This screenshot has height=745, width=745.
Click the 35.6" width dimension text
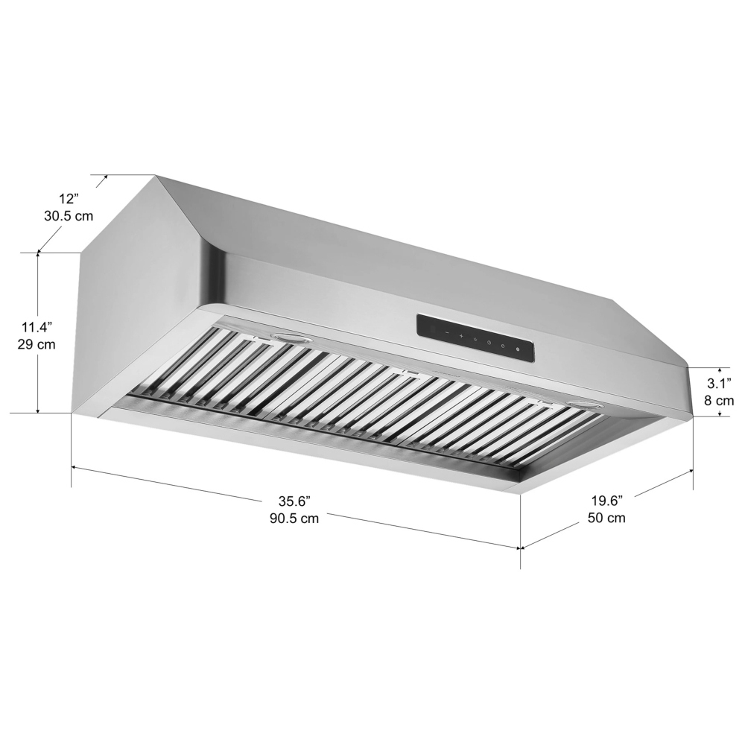coord(294,501)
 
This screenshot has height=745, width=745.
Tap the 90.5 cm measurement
coord(294,519)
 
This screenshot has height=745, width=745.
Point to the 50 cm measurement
coord(606,518)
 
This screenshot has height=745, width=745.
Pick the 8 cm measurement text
coord(720,401)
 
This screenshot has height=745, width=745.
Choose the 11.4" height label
coord(37,327)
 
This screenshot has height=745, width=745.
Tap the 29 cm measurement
coord(37,345)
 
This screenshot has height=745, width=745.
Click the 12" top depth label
coord(69,199)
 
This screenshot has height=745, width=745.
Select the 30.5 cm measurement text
coord(69,217)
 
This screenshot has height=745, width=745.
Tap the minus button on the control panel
coord(447,333)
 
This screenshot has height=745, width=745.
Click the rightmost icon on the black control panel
coord(517,348)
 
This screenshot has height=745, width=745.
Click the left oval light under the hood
coord(291,339)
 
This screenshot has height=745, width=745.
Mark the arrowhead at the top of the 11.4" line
coord(38,256)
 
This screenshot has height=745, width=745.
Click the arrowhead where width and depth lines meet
coord(520,548)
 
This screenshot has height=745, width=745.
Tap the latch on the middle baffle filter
coord(409,370)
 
